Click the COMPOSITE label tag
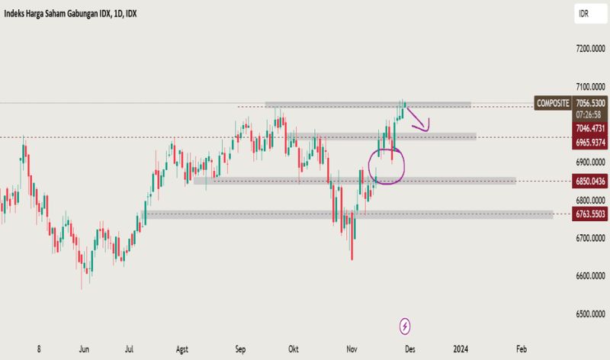(552, 102)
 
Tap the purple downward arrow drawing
(418, 121)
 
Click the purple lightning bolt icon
(405, 326)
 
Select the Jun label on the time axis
(84, 349)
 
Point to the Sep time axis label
(241, 349)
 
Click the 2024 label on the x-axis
(460, 349)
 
